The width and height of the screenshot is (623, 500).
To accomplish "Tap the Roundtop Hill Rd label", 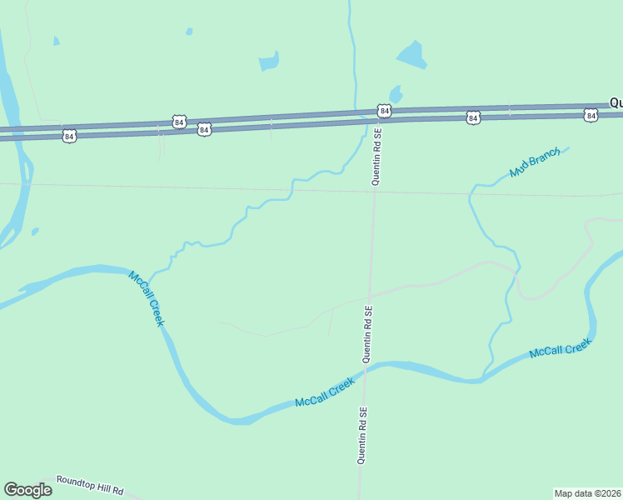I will point(90,485).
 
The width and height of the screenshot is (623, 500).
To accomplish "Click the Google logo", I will point(27,490).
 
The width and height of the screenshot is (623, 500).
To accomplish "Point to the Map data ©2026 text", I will point(587,492).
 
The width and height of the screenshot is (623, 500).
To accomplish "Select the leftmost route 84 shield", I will point(69,135).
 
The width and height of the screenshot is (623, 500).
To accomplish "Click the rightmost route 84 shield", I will point(591,115).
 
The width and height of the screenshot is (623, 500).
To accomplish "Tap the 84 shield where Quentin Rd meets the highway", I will point(383,111).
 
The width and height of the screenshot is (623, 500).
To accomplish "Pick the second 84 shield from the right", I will point(473,118).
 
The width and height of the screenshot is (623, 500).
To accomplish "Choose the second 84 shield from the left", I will point(179,122).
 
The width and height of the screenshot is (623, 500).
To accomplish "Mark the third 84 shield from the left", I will point(203,130).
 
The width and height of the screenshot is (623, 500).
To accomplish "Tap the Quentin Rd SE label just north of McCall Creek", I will point(366,333).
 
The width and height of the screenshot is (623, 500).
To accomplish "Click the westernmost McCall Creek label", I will point(147,298).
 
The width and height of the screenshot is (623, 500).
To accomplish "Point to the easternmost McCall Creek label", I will point(560,348).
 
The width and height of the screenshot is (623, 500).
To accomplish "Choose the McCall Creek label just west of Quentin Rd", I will point(325,392).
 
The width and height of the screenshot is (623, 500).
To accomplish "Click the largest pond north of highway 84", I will point(411,55).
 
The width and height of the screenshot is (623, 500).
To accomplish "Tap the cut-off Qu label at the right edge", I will point(616,102).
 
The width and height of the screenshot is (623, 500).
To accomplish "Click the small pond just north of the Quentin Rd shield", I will point(396,93).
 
